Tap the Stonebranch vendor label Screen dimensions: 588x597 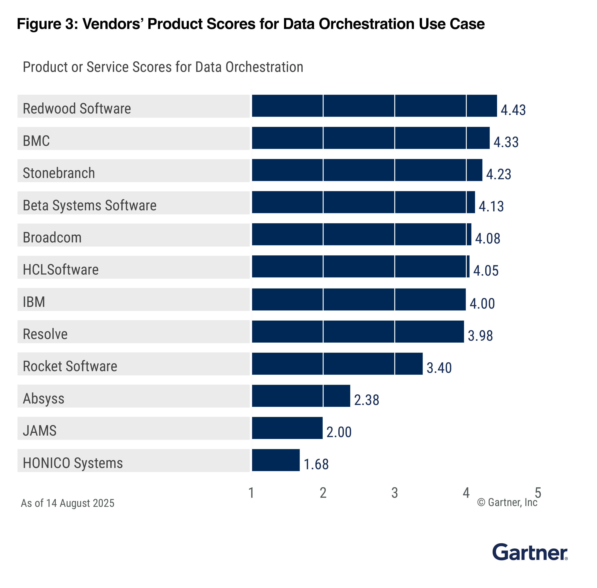pos(59,173)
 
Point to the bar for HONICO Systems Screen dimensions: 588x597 pos(276,460)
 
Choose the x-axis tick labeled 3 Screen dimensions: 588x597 pos(394,493)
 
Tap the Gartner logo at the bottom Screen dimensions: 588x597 pos(529,552)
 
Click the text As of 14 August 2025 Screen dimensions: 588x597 pos(67,503)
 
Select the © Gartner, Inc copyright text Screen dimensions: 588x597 pos(507,502)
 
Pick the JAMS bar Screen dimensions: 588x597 pos(287,428)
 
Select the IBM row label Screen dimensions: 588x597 pos(34,302)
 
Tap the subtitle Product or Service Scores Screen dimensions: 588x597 pos(163,67)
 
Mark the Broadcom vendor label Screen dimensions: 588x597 pos(52,238)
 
